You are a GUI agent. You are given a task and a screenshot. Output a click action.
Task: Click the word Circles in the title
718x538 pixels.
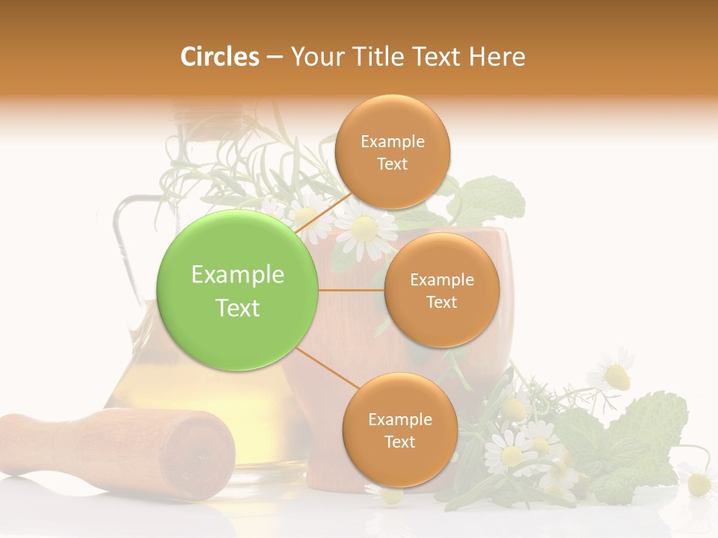(219, 57)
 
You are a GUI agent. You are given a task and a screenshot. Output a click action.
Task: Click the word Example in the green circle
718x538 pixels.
(238, 275)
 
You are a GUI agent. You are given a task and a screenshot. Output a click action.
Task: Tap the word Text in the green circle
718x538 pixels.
(238, 308)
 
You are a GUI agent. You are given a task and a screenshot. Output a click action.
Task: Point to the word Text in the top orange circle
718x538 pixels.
(392, 164)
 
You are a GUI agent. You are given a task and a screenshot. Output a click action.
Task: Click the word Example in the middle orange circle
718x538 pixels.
(441, 280)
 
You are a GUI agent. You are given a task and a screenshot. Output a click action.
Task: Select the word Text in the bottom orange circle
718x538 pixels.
(399, 442)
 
